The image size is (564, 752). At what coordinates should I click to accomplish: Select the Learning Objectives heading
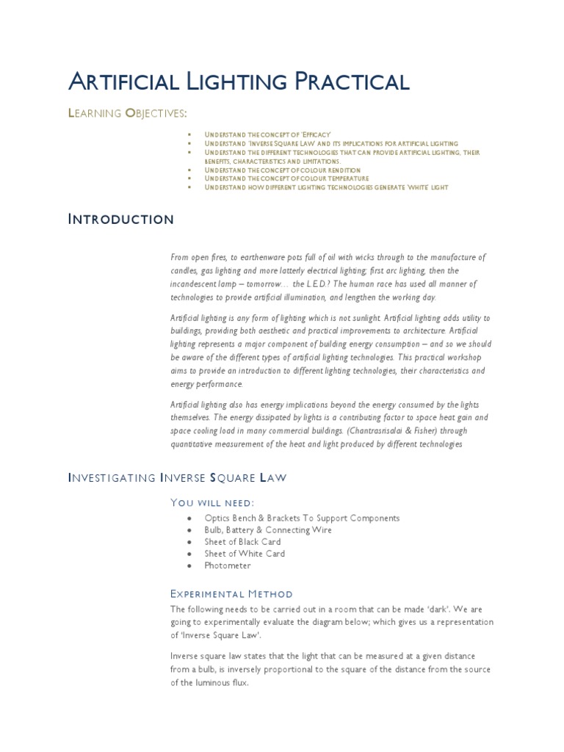click(127, 112)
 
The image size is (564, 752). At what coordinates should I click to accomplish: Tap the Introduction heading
click(121, 219)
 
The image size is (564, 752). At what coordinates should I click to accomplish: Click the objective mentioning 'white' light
click(326, 187)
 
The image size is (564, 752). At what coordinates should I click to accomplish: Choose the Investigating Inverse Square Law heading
click(177, 477)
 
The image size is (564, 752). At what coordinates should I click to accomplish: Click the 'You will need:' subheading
click(212, 502)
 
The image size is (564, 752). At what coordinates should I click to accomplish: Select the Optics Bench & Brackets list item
click(302, 518)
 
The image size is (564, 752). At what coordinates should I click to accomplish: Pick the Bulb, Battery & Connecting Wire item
click(268, 529)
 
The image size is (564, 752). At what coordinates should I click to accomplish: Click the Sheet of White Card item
click(245, 553)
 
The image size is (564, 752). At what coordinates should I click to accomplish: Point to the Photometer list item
click(228, 565)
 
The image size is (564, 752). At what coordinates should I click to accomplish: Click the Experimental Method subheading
click(231, 593)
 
